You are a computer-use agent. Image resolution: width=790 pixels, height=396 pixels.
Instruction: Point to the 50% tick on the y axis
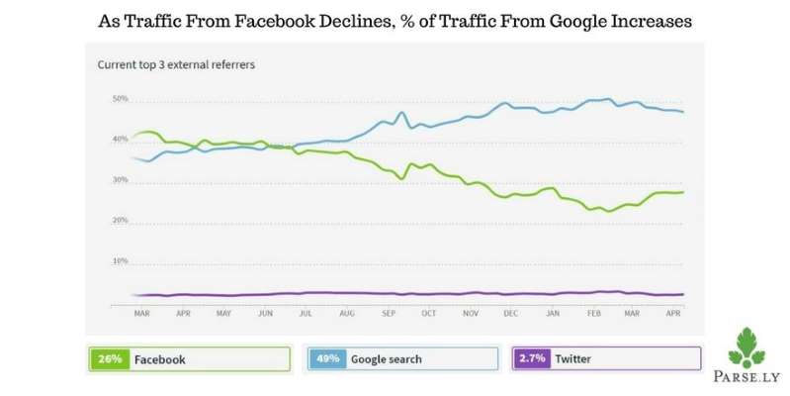coord(120,100)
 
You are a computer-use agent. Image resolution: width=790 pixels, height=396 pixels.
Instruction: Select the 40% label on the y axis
coord(120,141)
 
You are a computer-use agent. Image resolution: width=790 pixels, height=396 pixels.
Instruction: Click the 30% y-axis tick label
coord(120,181)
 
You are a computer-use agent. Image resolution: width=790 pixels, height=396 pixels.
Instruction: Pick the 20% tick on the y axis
coord(120,221)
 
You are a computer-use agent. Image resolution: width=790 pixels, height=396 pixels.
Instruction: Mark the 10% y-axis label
coord(120,261)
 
